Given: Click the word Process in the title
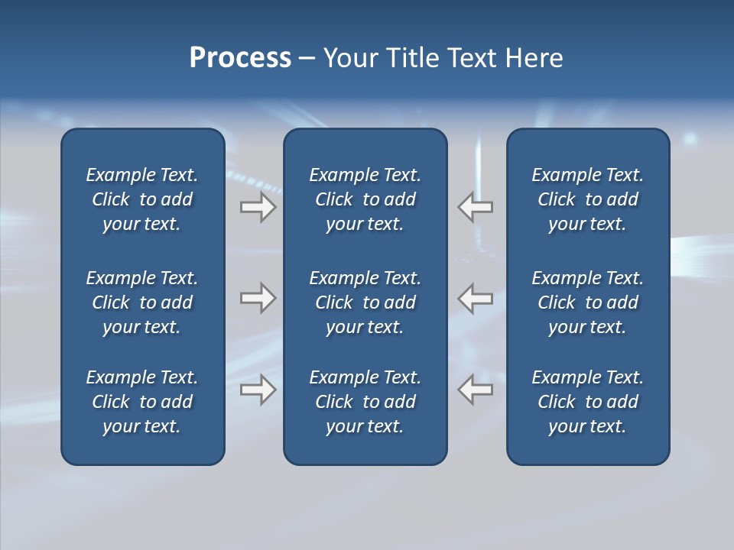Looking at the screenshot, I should [x=240, y=58].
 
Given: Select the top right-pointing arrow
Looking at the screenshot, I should [x=258, y=207].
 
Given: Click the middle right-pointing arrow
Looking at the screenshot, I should [x=258, y=298].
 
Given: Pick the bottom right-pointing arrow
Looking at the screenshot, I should [x=258, y=390].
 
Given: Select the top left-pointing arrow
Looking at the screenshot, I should [x=476, y=207].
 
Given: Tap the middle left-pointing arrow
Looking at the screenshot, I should [x=476, y=298].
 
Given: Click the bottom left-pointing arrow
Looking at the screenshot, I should [x=476, y=390].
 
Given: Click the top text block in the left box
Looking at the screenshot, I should [x=142, y=199].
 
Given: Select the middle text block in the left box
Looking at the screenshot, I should [x=142, y=302].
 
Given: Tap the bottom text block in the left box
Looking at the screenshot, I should [x=142, y=402].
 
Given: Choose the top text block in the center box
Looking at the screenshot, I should [x=365, y=199].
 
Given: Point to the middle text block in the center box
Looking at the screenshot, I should [x=365, y=302].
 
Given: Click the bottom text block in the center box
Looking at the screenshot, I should [x=365, y=402].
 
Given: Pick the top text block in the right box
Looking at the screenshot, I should [x=587, y=199].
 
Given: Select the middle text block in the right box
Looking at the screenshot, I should [x=587, y=302].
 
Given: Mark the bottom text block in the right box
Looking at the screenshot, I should [x=587, y=402].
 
